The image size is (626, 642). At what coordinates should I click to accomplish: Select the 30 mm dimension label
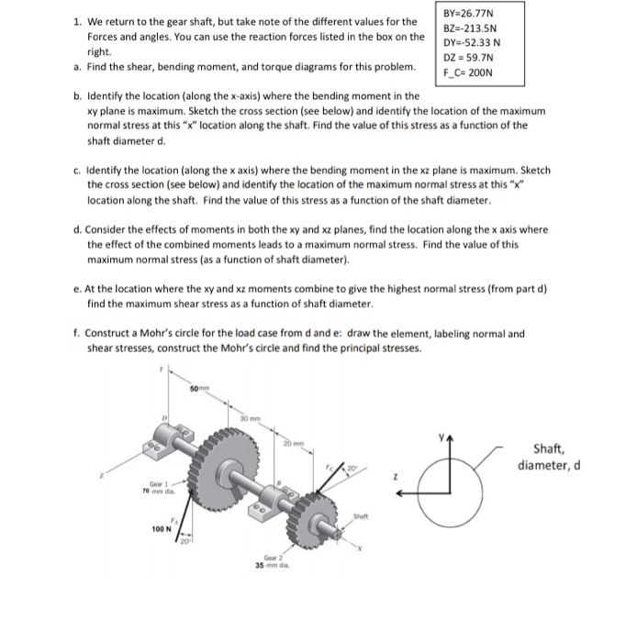click(247, 420)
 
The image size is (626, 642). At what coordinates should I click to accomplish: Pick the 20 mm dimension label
click(294, 444)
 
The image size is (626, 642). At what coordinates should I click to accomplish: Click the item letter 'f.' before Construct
click(76, 334)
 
